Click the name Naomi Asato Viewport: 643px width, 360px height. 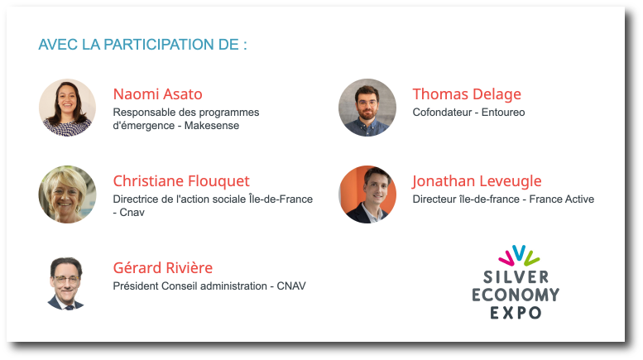(157, 94)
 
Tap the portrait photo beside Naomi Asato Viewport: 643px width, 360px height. (67, 108)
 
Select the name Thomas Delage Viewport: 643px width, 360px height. (467, 94)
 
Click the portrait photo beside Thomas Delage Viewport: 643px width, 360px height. (367, 108)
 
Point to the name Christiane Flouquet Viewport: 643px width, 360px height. (181, 181)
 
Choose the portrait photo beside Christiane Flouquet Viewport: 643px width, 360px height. (67, 194)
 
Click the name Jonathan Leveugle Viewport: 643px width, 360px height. (477, 181)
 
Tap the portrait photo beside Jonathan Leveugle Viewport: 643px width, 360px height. (367, 194)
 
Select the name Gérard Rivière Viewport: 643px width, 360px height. (163, 268)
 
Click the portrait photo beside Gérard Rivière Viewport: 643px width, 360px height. (66, 284)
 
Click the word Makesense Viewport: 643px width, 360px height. (212, 126)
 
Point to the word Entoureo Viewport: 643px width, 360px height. (503, 113)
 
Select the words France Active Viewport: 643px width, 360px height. (562, 199)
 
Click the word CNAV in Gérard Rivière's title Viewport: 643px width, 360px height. (291, 286)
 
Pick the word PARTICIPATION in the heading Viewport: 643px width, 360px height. (171, 45)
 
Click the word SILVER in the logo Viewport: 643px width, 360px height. (516, 277)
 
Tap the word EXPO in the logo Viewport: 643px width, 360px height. (516, 314)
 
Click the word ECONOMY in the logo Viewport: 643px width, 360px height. (516, 295)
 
